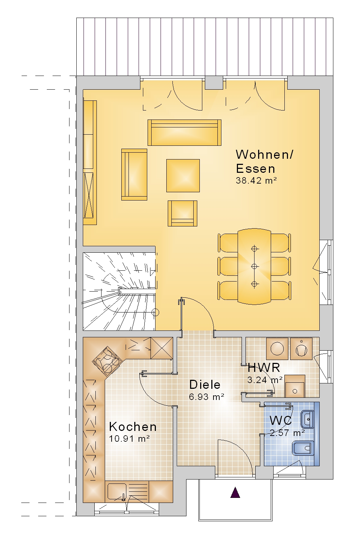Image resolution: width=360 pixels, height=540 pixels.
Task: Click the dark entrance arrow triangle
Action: tap(235, 492)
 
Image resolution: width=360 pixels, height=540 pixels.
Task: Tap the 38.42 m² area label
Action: tap(256, 181)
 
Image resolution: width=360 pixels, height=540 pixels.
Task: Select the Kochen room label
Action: tap(133, 427)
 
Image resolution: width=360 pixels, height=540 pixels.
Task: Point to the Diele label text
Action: tap(205, 384)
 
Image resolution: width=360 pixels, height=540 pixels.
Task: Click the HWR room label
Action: tap(264, 368)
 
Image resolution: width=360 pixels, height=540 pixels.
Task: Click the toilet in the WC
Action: tap(303, 449)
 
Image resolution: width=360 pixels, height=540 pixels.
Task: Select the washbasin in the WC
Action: tap(307, 419)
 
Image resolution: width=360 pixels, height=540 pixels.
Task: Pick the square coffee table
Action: tap(183, 176)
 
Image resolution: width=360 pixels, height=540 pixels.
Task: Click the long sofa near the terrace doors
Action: tap(184, 132)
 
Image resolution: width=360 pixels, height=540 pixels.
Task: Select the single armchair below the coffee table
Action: tap(183, 213)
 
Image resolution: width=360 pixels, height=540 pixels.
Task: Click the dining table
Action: tap(255, 266)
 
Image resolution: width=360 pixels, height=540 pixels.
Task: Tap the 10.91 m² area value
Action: tap(129, 438)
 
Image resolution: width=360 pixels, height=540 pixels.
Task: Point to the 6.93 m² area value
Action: tap(207, 397)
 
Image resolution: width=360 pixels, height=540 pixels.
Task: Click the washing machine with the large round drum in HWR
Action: tap(277, 348)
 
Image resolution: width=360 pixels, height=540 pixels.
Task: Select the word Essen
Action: tap(256, 168)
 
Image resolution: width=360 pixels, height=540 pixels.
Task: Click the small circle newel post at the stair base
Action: tap(156, 312)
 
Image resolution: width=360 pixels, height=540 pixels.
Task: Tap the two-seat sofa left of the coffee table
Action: tap(134, 175)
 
